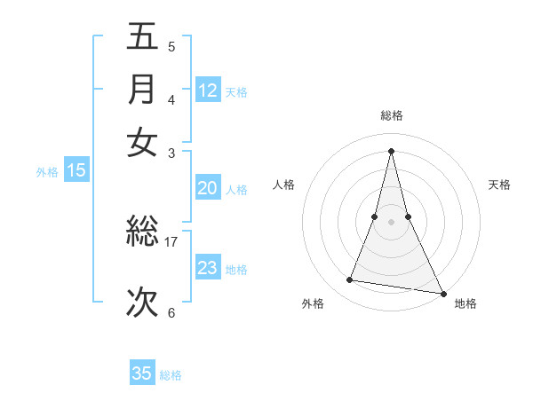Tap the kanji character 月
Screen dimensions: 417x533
click(x=142, y=89)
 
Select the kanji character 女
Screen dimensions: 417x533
click(x=142, y=142)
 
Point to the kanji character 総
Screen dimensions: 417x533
click(x=142, y=232)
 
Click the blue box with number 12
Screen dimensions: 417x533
click(x=208, y=90)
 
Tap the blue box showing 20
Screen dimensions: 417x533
click(x=208, y=188)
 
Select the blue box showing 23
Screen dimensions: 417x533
click(x=208, y=268)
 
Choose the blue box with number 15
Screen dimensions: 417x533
click(x=76, y=171)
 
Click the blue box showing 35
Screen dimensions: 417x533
click(x=142, y=374)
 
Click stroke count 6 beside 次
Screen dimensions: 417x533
click(x=171, y=312)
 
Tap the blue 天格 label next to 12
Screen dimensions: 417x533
click(x=236, y=91)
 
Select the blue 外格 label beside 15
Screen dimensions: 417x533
click(x=47, y=172)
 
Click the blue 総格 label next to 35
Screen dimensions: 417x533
click(x=171, y=375)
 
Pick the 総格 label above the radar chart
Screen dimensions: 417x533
click(x=391, y=115)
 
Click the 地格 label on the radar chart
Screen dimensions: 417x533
click(x=465, y=303)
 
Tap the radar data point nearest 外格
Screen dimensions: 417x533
click(x=350, y=280)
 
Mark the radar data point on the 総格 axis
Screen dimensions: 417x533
click(x=391, y=150)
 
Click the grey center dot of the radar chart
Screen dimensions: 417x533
click(x=391, y=221)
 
